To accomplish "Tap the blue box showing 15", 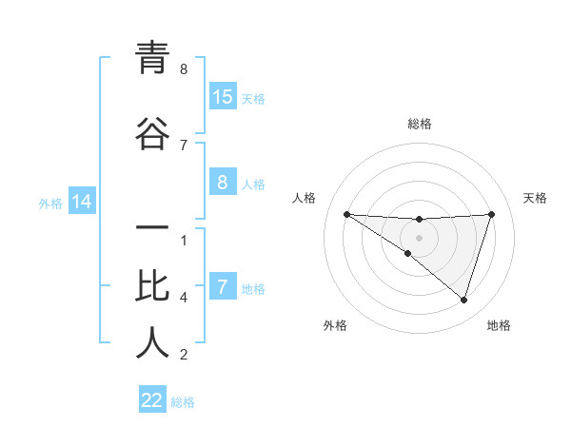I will coord(223,97).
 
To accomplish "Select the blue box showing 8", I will coord(223,183).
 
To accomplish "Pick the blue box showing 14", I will coord(82,202).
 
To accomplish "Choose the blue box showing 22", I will coord(152,400).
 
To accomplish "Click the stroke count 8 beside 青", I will coord(184,69).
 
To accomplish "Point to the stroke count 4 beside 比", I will coord(184,298).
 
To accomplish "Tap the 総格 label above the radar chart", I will coord(420,124).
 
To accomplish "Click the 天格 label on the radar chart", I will coord(536,198).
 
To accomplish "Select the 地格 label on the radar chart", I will coord(499,325).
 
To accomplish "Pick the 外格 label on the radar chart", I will coord(335,325).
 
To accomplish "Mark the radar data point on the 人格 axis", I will coord(346,214).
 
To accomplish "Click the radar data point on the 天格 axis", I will coord(491,214).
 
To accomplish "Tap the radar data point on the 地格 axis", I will coord(463,300).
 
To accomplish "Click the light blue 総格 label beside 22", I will coord(183,402).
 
